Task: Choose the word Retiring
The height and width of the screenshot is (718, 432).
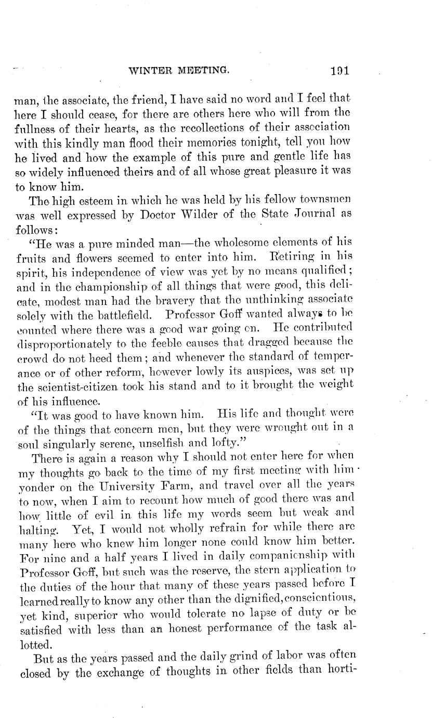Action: coord(293,257)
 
